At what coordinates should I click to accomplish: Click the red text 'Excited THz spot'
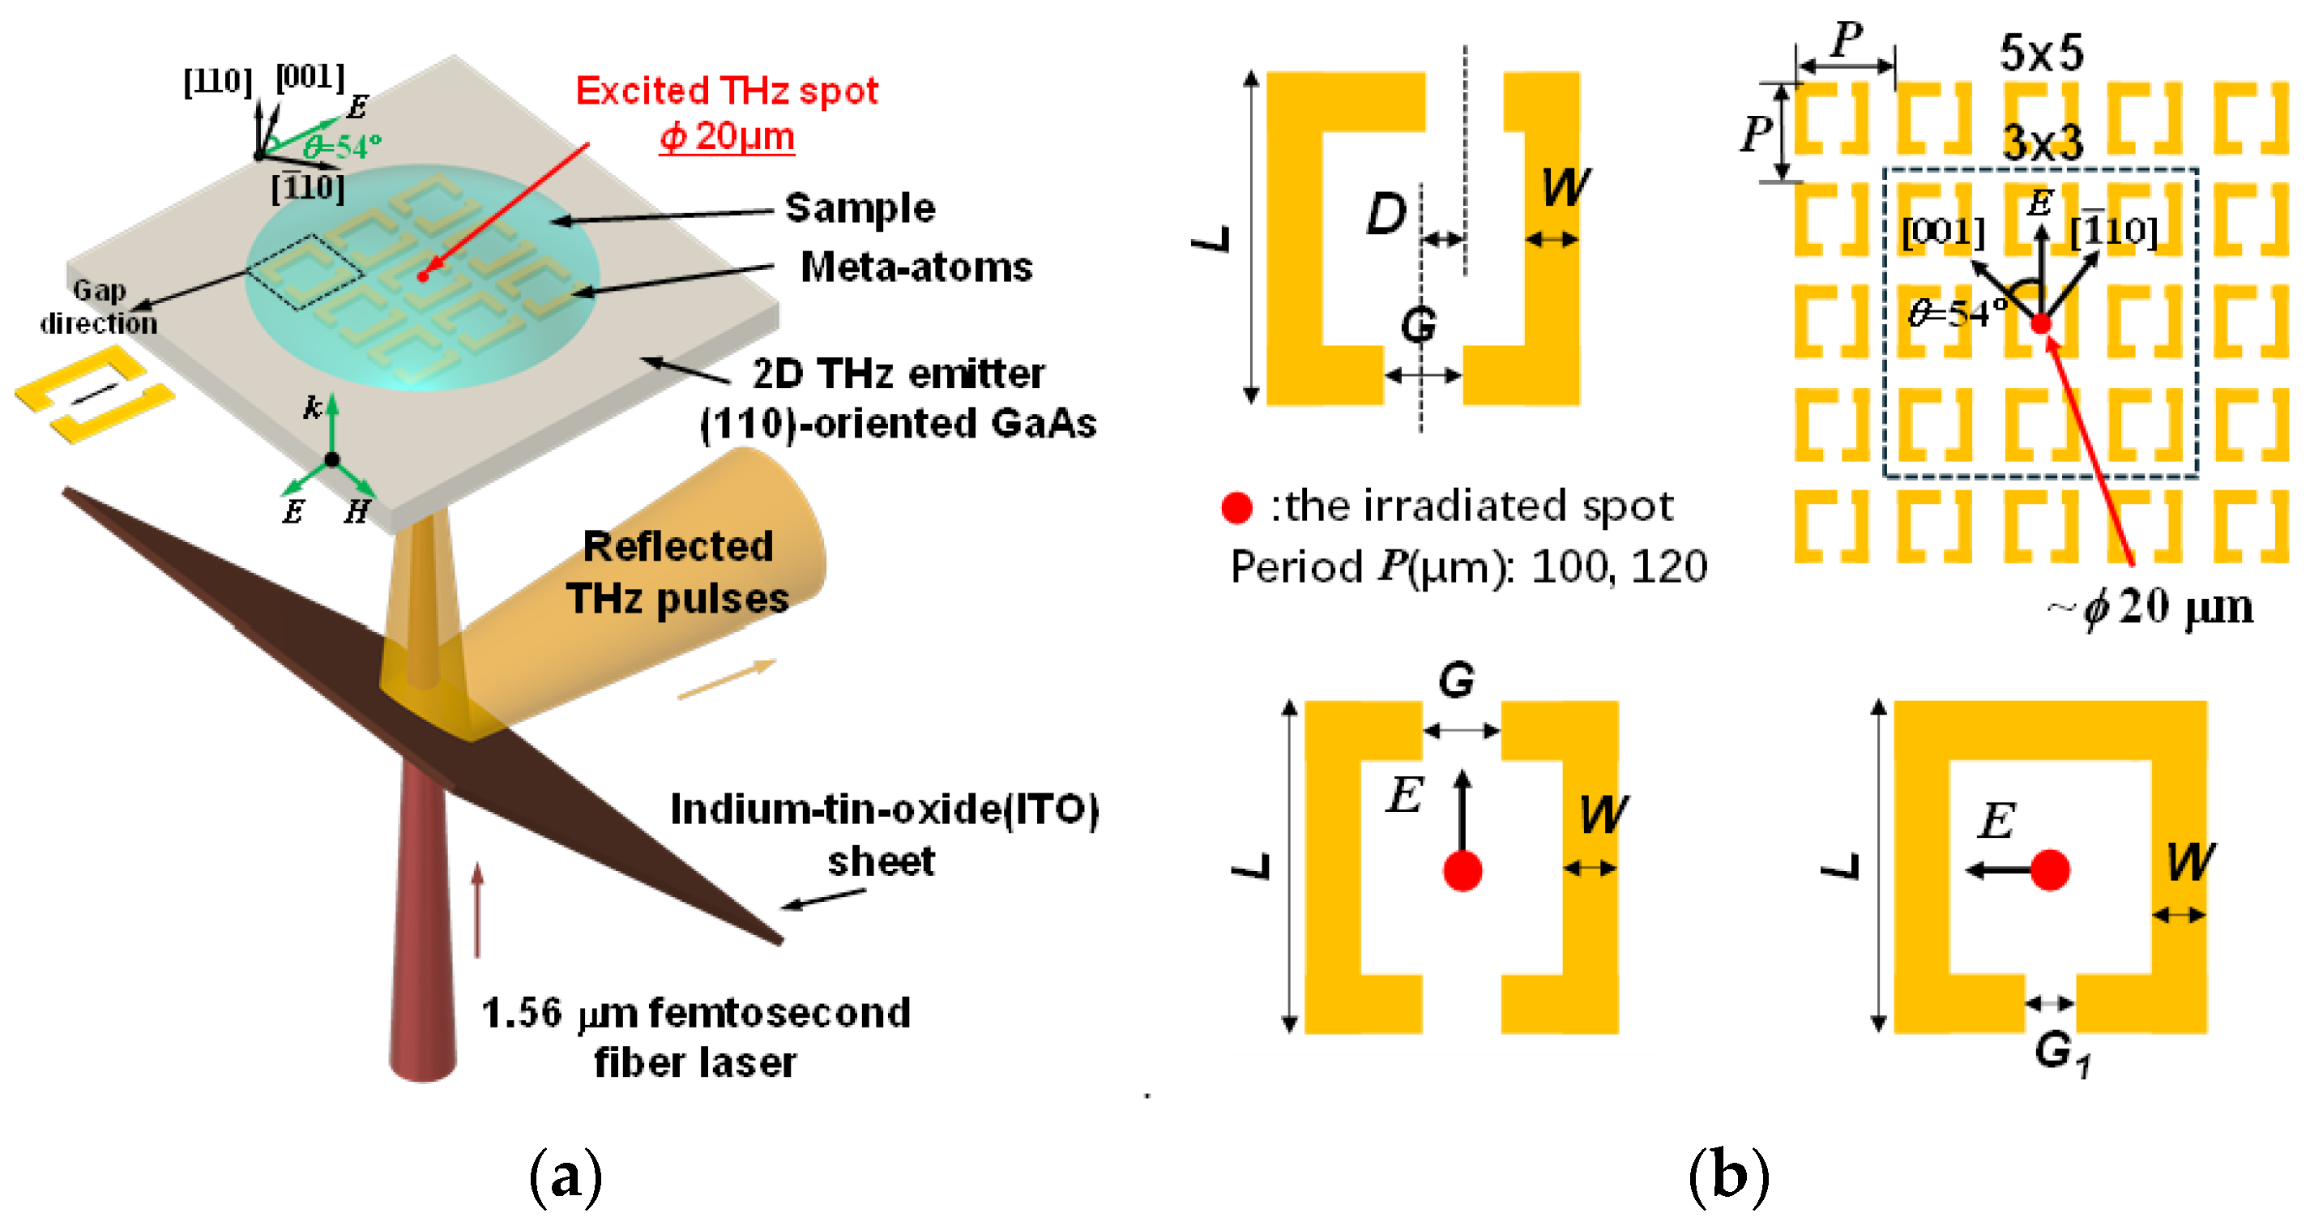pos(726,91)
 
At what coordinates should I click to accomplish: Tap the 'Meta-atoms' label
pos(916,267)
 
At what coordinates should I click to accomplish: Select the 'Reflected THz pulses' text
pos(678,572)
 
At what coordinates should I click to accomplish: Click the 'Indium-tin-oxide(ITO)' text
pos(884,809)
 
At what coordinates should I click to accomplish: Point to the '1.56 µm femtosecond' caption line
pos(696,1014)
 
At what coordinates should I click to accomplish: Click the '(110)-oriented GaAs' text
pos(898,423)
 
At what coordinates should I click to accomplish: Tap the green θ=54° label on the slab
pos(343,146)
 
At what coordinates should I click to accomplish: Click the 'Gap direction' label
pos(99,307)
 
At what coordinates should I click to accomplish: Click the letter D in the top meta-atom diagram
pos(1386,215)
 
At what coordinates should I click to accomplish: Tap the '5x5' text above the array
pos(2041,53)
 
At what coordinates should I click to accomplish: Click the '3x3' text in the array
pos(2043,143)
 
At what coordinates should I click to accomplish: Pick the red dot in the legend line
pos(1236,507)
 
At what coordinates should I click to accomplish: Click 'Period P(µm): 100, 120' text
pos(1468,566)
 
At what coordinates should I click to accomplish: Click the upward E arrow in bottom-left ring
pos(1462,812)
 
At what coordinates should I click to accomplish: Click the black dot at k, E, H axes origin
pos(331,460)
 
